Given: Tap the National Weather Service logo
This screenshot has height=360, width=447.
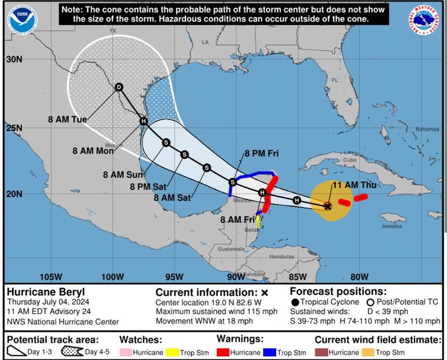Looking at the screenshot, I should (x=424, y=20).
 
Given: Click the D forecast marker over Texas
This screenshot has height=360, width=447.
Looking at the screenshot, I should (x=118, y=87).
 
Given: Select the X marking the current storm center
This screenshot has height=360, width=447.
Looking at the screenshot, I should (x=328, y=206).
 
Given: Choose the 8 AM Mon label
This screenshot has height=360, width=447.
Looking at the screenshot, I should (x=93, y=150).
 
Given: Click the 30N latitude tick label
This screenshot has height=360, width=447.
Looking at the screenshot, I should (x=14, y=59).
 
